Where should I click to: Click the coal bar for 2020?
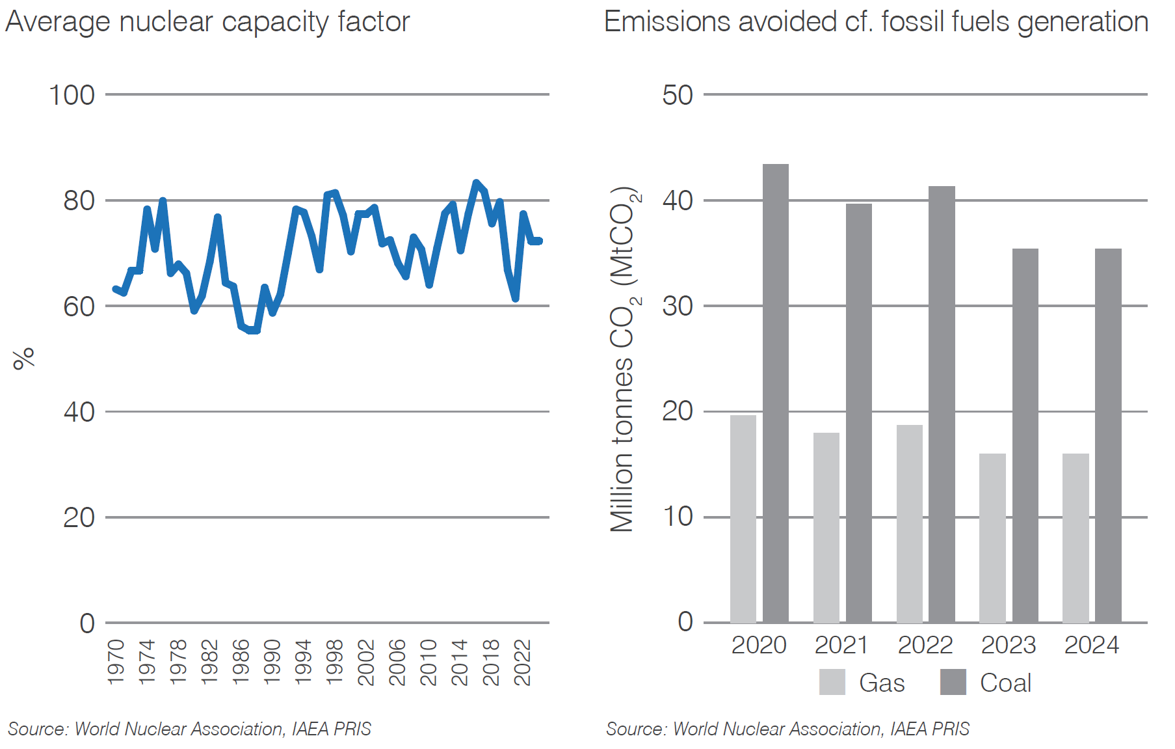tap(775, 394)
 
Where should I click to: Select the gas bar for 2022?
tap(909, 524)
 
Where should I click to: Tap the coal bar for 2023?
tap(1025, 436)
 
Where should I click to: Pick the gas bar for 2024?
tap(1076, 538)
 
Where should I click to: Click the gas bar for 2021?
tap(826, 528)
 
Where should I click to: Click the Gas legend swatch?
tap(832, 682)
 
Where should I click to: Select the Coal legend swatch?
tap(953, 682)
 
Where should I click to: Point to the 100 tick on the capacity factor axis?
tap(72, 96)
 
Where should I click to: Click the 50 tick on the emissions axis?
tap(677, 96)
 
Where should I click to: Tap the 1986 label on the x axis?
tap(241, 662)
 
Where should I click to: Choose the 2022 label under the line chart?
tap(522, 662)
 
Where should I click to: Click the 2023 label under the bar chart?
tap(1008, 645)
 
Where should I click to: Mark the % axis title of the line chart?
tap(23, 359)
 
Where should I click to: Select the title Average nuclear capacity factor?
tap(207, 21)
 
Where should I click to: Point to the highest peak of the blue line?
tap(476, 183)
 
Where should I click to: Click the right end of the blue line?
tap(538, 241)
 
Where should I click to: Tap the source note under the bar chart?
tap(787, 729)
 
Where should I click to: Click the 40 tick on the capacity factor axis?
tap(79, 412)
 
